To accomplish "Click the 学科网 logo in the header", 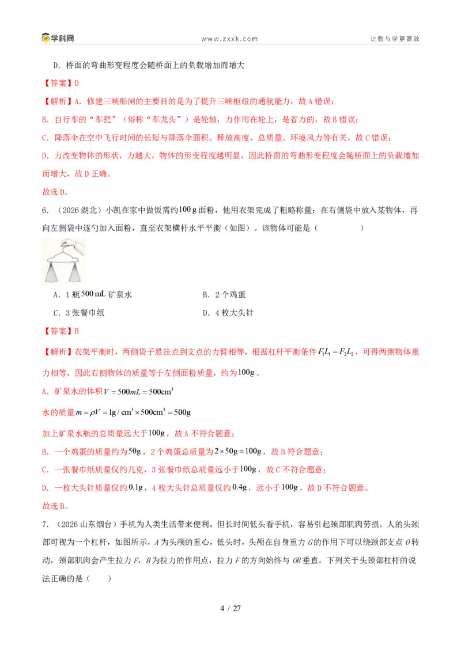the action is click(58, 38).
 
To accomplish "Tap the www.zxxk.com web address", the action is click(229, 39).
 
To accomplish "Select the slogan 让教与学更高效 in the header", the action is click(395, 39).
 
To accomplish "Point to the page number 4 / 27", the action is click(231, 608).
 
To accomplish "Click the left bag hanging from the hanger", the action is click(53, 273).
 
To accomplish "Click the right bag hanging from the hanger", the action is click(75, 273).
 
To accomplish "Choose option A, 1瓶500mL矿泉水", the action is click(93, 294).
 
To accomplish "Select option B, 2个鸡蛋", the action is click(224, 294).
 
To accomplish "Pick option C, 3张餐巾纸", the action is click(79, 313).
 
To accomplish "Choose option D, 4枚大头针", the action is click(228, 313).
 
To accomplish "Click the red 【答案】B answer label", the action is click(61, 331).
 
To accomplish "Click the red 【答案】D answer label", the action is click(61, 83).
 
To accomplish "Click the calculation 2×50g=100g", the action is click(238, 451).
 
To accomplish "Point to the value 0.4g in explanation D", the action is click(240, 487).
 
